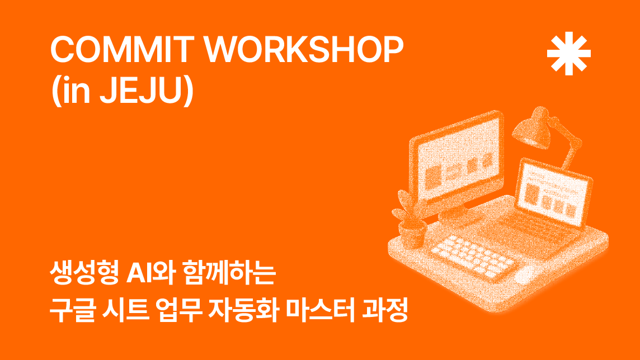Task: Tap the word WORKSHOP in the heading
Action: click(304, 49)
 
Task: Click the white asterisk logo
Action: click(568, 54)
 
